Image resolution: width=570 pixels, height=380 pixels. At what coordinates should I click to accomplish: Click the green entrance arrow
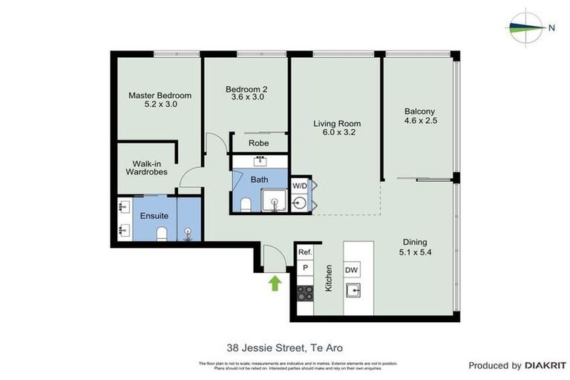[275, 282]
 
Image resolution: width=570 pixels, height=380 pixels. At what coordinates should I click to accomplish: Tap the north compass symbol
[528, 27]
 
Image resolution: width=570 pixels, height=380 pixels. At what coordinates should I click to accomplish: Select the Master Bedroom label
[160, 100]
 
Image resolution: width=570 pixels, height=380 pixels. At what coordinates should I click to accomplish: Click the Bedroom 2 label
[246, 94]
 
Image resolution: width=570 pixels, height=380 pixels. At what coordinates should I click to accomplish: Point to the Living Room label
[336, 128]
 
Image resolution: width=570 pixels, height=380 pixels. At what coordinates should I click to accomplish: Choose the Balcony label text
[419, 116]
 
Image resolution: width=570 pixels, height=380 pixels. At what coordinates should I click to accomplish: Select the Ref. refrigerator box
[304, 252]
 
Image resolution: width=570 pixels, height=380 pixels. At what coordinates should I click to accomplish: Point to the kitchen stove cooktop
[304, 291]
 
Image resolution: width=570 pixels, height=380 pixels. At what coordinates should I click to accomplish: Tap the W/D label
[300, 185]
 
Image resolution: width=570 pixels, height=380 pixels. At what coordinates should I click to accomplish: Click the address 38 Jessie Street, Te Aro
[284, 347]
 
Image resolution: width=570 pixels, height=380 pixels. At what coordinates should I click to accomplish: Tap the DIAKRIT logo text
[546, 366]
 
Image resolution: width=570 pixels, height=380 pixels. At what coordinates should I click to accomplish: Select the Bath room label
[259, 180]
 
